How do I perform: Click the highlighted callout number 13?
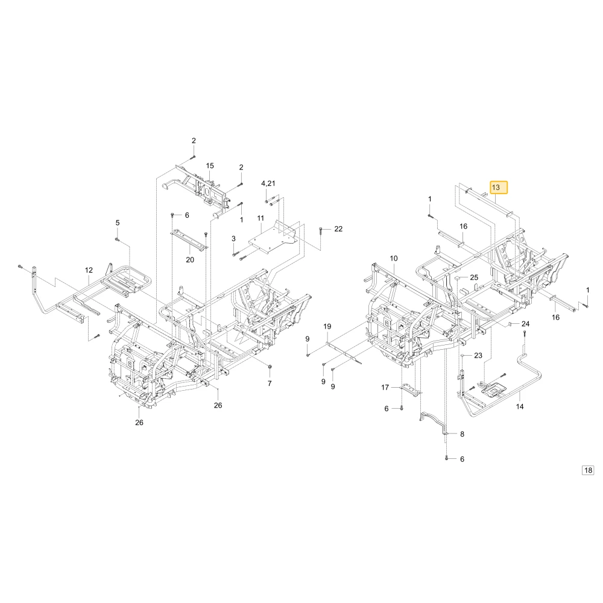tap(499, 188)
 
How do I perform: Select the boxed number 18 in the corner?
tap(588, 470)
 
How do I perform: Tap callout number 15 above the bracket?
tap(210, 166)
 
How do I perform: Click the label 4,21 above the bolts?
tap(268, 183)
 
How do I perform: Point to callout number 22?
tap(338, 229)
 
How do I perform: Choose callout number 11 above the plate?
tap(260, 218)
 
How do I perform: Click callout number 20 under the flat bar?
tap(190, 260)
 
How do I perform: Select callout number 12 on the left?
tap(89, 270)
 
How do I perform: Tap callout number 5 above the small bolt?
tap(118, 223)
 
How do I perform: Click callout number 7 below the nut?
tap(270, 384)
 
